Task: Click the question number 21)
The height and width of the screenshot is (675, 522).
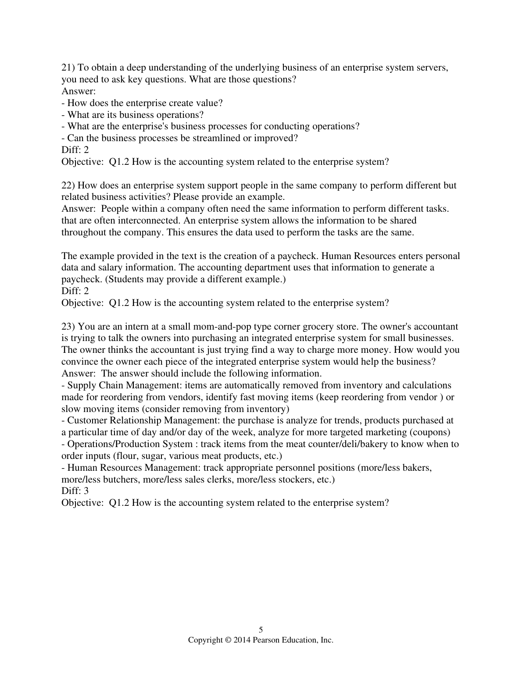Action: [x=68, y=68]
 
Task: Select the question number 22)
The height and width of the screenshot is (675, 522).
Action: [x=68, y=185]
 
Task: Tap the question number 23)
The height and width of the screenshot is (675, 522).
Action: [x=68, y=327]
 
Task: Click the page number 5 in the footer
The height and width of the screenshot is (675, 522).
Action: [x=261, y=630]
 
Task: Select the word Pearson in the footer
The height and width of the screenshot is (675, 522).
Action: [x=265, y=640]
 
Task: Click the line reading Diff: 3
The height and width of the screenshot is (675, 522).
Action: [x=75, y=491]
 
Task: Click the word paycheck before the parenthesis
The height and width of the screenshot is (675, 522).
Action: [x=77, y=279]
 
